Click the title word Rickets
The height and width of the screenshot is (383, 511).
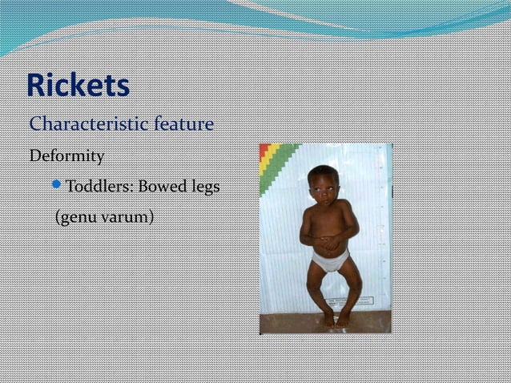coord(78,87)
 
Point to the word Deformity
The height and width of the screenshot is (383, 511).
coord(67,155)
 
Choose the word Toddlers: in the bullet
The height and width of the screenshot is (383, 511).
coord(99,187)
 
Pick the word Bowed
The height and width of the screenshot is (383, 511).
coord(163,187)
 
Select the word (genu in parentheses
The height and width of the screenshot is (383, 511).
coord(75,216)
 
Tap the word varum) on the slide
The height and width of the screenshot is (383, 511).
coord(127,216)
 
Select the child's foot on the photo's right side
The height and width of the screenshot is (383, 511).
coord(344,319)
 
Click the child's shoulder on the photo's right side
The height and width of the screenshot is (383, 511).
coord(345,206)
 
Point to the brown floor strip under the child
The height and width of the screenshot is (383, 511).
coord(324,326)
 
